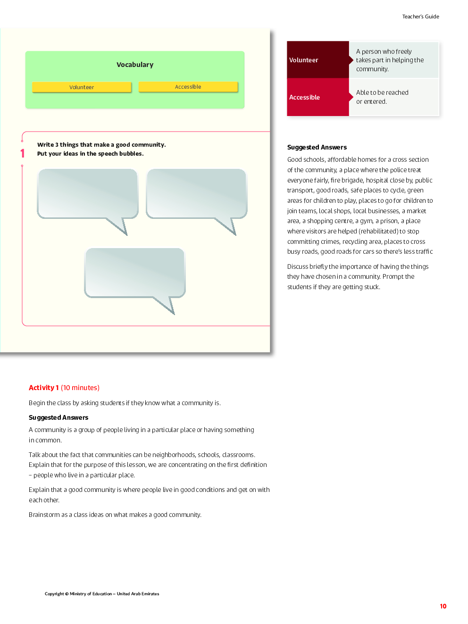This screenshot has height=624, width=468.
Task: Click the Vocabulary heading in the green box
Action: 135,65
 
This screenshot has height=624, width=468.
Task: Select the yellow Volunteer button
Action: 82,87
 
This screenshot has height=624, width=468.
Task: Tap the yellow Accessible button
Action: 188,87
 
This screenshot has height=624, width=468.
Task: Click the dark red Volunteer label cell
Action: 318,60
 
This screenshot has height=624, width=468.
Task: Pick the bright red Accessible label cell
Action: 318,97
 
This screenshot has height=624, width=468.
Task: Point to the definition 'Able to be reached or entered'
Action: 382,97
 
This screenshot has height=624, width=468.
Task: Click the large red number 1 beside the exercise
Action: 22,153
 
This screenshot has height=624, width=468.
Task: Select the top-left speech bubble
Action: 88,194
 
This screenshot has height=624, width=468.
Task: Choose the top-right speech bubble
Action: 196,194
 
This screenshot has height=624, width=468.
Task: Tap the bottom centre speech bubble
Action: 135,273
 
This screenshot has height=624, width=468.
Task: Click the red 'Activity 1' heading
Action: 44,388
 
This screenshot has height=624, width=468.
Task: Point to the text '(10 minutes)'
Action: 80,388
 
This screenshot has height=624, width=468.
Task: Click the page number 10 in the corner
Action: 443,607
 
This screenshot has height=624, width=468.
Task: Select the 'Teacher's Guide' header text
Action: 420,17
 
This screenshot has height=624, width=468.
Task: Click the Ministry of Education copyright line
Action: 102,594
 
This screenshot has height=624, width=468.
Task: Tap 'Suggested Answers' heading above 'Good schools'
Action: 317,147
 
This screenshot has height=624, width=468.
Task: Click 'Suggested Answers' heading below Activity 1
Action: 58,417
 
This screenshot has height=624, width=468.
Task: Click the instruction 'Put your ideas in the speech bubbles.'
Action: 91,154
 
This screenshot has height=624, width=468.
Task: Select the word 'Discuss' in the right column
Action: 298,266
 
